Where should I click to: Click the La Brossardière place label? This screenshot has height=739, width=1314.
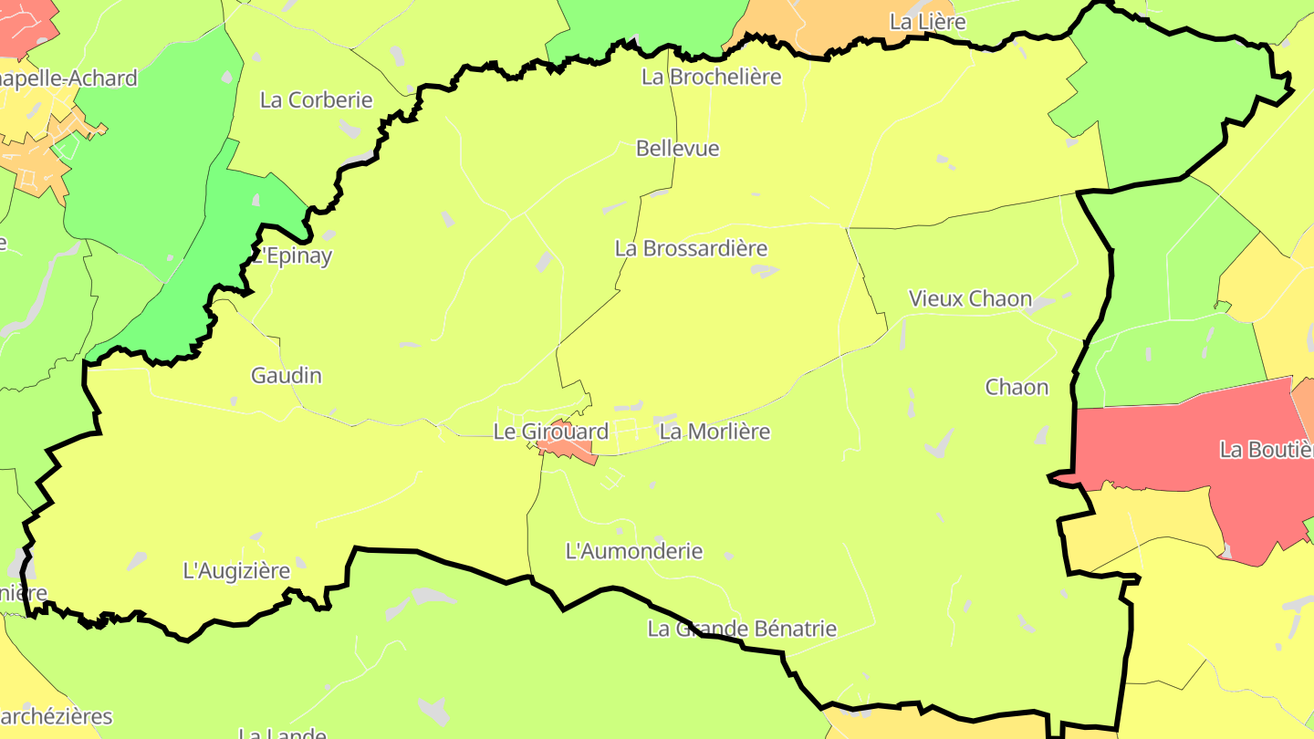coord(691,248)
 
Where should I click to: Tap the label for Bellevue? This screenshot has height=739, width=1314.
coord(678,148)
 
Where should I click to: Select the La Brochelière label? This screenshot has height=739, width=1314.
coord(712,77)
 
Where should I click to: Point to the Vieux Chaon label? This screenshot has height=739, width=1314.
coord(970,298)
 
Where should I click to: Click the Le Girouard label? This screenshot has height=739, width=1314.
coord(550,432)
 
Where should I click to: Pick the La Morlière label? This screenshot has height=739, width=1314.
coord(714,432)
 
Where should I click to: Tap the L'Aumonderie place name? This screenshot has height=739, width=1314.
coord(634,551)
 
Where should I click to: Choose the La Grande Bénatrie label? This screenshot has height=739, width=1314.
coord(742,629)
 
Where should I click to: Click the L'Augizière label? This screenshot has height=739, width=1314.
coord(236,571)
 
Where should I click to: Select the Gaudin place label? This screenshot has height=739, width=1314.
coord(287,375)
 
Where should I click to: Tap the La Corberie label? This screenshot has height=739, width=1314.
coord(317,99)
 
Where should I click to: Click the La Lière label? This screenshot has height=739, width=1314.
coord(927,21)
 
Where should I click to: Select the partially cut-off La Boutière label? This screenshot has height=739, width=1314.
coord(1267,450)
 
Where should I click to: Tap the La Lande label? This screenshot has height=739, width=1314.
coord(282,733)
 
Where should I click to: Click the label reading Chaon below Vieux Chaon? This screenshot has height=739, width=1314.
coord(1017,387)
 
